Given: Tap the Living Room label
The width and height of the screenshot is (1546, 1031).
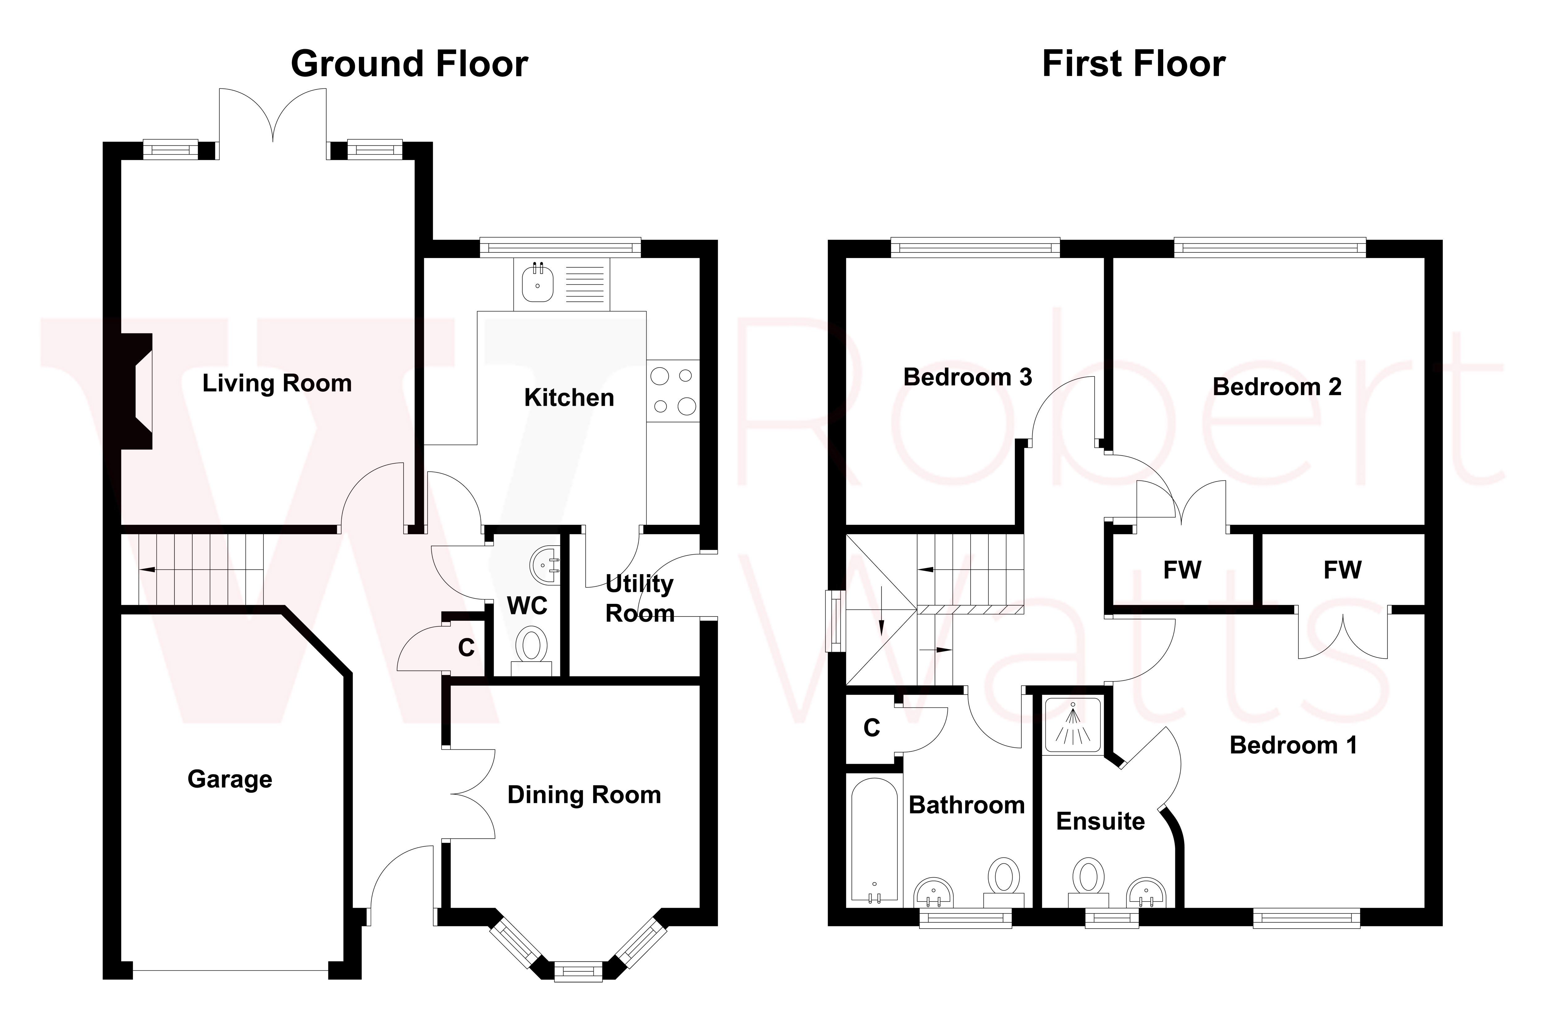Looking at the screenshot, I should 277,383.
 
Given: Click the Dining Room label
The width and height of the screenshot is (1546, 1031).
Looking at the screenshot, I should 584,795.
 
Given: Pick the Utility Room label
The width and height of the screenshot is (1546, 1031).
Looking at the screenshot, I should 639,598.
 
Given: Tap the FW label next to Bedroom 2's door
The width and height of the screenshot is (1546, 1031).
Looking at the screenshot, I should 1182,570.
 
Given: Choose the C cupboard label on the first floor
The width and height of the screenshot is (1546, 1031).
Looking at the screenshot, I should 872,728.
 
